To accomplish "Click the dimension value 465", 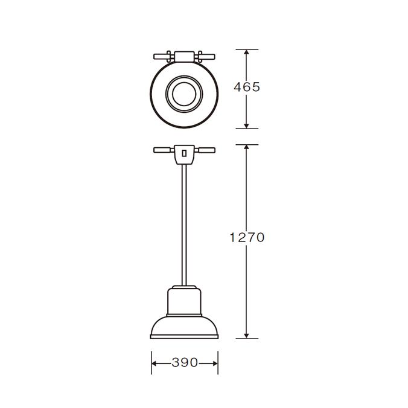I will [x=247, y=88].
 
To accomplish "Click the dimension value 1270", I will [x=247, y=238].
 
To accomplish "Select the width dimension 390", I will [x=185, y=363].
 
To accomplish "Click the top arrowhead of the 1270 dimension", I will [x=247, y=148].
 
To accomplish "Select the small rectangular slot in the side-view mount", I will [x=184, y=153].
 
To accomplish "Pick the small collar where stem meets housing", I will [x=184, y=285].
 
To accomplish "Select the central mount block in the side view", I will [x=184, y=154].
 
